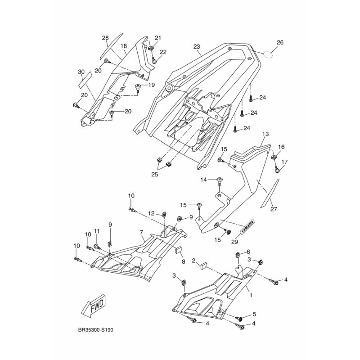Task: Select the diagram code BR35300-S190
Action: point(96,330)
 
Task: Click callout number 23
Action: point(197,47)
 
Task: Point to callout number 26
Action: point(280,42)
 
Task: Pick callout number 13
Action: point(265,134)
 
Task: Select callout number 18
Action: point(123,46)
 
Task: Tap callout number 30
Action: point(81,72)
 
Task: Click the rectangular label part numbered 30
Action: point(85,80)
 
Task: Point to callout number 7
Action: point(141,232)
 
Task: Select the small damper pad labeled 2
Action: point(204,266)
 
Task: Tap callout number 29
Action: point(234,241)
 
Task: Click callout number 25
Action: point(155,174)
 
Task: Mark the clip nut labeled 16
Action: point(274,157)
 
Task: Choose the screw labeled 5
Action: point(240,319)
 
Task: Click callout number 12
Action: point(151,213)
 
